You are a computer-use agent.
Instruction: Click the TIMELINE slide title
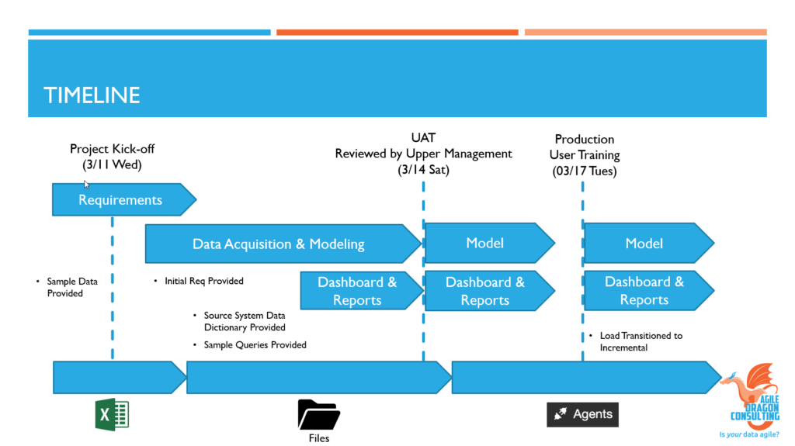coord(92,95)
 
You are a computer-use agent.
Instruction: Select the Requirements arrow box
coord(120,200)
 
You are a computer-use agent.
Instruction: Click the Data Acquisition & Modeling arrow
coord(278,244)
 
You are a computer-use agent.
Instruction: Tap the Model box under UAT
coord(485,244)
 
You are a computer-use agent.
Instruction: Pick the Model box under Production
coord(644,244)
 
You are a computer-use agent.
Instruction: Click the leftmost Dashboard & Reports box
coord(357,291)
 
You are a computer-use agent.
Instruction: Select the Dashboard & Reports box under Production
coord(644,291)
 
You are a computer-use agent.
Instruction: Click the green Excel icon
coord(112,414)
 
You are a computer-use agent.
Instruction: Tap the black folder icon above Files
coord(318,414)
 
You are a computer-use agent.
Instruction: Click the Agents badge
coord(583,414)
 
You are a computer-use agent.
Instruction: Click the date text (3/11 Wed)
coord(112,165)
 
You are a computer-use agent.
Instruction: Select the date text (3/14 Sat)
coord(423,170)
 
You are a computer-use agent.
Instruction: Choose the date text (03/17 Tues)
coord(584,171)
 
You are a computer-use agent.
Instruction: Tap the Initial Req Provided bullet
coord(203,281)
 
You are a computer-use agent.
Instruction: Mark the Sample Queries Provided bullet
coord(254,344)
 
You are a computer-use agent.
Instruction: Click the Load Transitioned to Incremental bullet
coord(641,341)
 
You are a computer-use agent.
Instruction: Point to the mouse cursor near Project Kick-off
coord(87,185)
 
